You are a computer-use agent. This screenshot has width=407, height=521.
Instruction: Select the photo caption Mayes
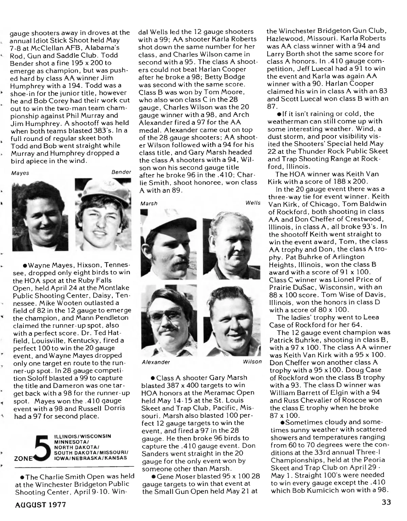[x=20, y=173]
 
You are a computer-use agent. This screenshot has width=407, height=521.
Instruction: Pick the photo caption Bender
[x=121, y=172]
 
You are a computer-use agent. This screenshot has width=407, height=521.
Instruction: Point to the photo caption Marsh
[x=149, y=203]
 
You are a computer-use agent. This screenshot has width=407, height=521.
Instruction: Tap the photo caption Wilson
[x=252, y=362]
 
